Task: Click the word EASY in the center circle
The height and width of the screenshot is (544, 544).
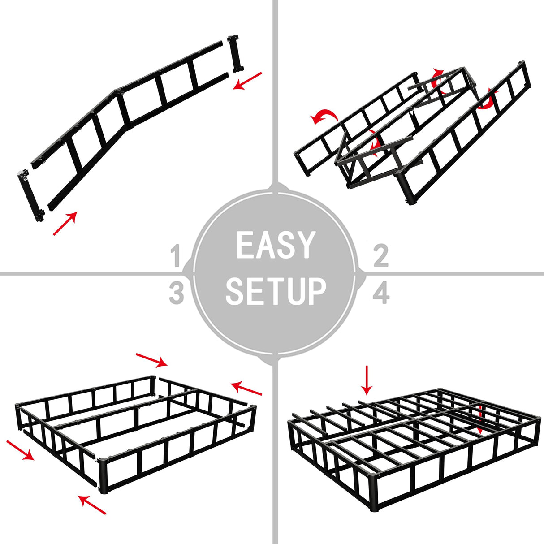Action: pos(275,245)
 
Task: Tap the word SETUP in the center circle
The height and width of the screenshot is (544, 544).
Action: pos(275,292)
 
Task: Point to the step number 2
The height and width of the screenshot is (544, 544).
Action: pos(380,256)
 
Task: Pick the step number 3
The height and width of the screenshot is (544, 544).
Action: pos(177,293)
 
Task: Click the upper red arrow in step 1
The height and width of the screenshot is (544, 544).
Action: pos(247,80)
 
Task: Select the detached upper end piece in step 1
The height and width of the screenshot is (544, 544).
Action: pos(235,53)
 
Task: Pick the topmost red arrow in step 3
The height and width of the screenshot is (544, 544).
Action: pos(151,359)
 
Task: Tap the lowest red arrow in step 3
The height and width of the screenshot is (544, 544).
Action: pos(92,504)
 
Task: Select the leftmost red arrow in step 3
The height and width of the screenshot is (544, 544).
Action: pos(20,450)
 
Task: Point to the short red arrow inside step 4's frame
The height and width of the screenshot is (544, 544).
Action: pos(480,419)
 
